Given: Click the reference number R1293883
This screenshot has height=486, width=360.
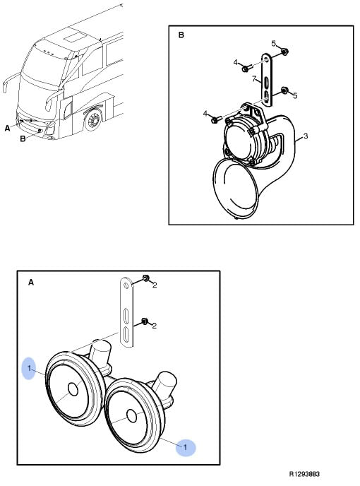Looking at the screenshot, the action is [304, 474].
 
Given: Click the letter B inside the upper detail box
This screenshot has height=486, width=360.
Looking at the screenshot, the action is [181, 35].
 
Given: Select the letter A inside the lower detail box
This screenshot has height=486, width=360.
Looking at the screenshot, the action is [31, 283].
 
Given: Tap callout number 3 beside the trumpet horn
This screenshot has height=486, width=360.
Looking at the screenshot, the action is [306, 136].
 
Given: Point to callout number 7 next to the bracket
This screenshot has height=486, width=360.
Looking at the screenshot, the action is [254, 79].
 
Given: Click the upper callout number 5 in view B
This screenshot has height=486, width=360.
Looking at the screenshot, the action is [274, 43].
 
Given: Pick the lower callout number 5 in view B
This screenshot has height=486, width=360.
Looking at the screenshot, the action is [295, 95].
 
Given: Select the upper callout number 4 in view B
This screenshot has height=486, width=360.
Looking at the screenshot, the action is [236, 63].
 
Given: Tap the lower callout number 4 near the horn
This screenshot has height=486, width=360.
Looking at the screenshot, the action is [205, 114].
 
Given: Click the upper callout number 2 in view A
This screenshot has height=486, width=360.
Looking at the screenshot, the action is [155, 285].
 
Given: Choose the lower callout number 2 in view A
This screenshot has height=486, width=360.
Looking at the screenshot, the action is [155, 326].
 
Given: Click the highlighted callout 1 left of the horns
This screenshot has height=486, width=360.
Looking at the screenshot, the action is [29, 368].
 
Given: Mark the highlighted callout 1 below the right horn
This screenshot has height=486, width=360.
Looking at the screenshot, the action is [185, 447].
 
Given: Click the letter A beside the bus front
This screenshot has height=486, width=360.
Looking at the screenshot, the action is [8, 128].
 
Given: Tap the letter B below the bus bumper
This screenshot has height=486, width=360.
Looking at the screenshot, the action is [23, 138].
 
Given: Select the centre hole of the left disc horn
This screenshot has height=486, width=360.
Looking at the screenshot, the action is [73, 389].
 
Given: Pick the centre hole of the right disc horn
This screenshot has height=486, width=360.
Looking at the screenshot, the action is [132, 416].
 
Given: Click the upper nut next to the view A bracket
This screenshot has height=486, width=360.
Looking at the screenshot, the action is [145, 278].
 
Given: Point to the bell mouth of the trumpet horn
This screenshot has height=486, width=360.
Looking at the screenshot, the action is [236, 188].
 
